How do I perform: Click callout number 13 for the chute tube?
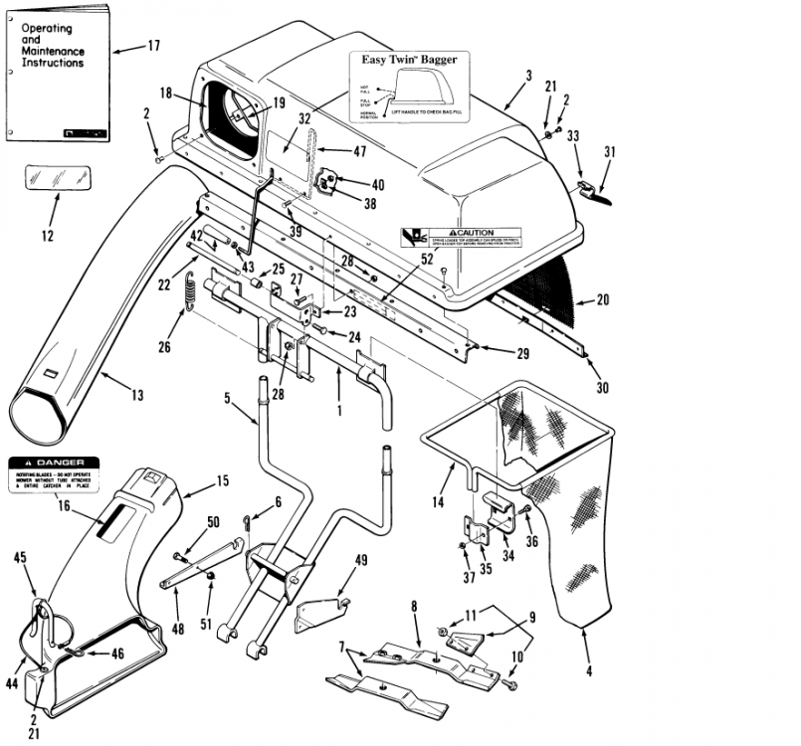tap(136, 395)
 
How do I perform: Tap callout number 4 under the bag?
tap(588, 670)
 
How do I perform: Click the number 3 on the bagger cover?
tap(528, 76)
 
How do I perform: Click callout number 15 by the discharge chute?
tap(222, 481)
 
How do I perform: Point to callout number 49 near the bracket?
tap(360, 559)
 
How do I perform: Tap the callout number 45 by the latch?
tap(19, 559)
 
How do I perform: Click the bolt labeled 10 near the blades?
tap(512, 686)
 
